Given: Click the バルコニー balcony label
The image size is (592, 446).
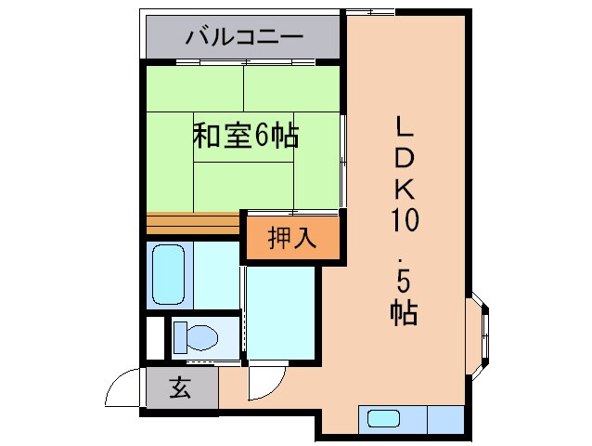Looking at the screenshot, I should click(244, 38).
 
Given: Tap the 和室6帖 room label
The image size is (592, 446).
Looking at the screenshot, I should click(245, 137).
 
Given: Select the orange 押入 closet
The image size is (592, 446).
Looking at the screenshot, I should click(292, 238).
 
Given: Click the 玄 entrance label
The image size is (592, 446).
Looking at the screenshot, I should click(180, 387).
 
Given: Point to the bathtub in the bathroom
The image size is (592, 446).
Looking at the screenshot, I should click(169, 274).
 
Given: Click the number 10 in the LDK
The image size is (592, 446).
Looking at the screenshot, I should click(405, 220).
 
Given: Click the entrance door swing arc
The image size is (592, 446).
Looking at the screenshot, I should click(123, 388).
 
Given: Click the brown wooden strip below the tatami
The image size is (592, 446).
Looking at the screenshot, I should click(193, 224).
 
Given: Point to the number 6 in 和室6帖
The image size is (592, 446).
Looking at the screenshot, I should click(262, 137).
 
